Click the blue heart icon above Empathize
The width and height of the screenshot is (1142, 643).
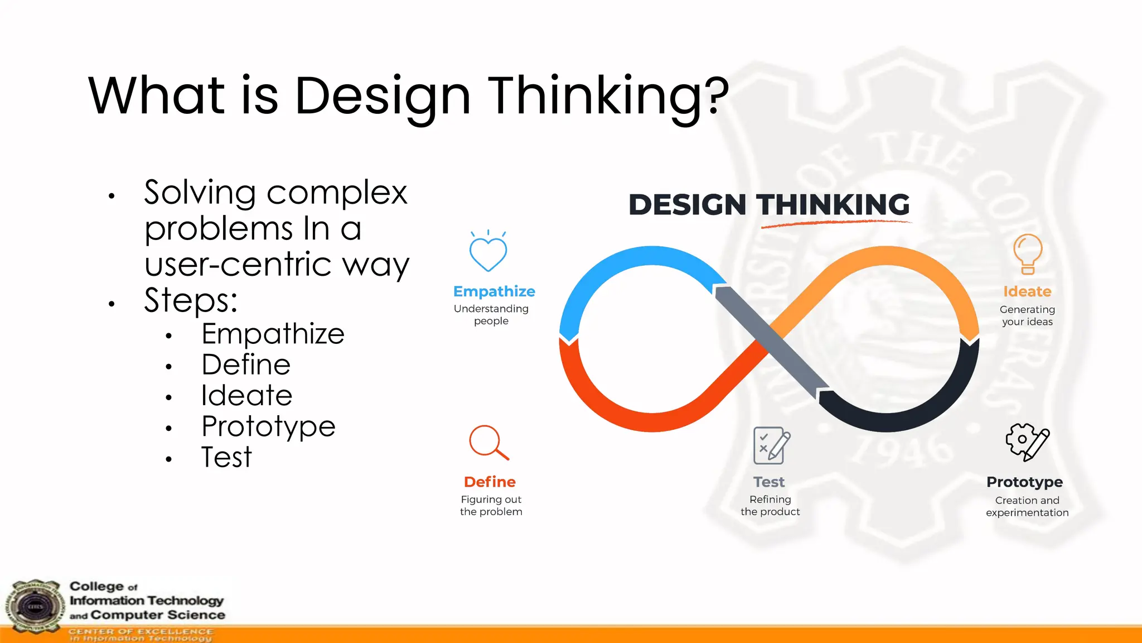[x=488, y=253]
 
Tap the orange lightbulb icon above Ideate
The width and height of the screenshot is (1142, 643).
[x=1028, y=254]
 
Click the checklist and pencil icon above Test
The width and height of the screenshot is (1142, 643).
[x=771, y=445]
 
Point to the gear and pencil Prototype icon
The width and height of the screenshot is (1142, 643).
[x=1027, y=442]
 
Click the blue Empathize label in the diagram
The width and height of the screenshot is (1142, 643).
[x=494, y=291]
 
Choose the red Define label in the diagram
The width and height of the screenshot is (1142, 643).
[x=490, y=482]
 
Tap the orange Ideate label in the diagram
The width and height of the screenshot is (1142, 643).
[x=1027, y=291]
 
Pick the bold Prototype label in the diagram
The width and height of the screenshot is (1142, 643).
[x=1024, y=482]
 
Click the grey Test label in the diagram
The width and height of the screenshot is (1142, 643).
[x=769, y=482]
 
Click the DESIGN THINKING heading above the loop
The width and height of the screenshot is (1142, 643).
[x=769, y=204]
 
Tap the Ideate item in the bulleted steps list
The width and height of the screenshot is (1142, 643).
[x=246, y=395]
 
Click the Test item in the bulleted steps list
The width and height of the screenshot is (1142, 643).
[x=226, y=457]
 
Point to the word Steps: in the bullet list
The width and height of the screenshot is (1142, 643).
[x=191, y=300]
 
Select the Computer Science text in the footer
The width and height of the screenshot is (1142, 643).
[x=158, y=615]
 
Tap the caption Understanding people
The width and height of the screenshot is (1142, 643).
[x=491, y=315]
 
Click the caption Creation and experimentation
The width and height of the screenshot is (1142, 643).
[x=1027, y=506]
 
